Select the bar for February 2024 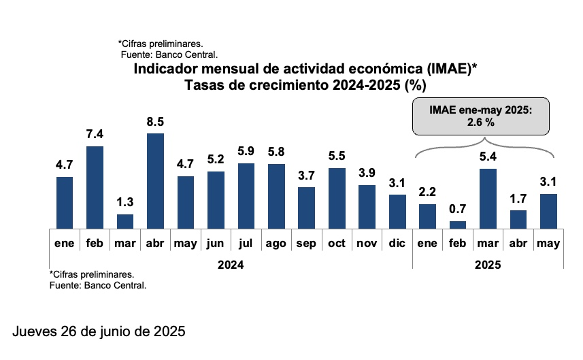coord(95,188)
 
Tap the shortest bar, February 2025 coord(458,225)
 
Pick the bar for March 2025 coord(488,199)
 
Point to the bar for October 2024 coord(337,198)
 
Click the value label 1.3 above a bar coord(125,202)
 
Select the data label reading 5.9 coord(246,151)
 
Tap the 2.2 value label coord(428,192)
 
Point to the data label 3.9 coord(367,173)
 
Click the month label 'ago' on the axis coord(276,243)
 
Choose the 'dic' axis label coord(397,243)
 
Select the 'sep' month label coord(307,243)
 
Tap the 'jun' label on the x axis coord(216,243)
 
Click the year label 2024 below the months coord(231,265)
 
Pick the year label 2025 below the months coord(488,265)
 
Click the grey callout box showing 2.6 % coord(480,116)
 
